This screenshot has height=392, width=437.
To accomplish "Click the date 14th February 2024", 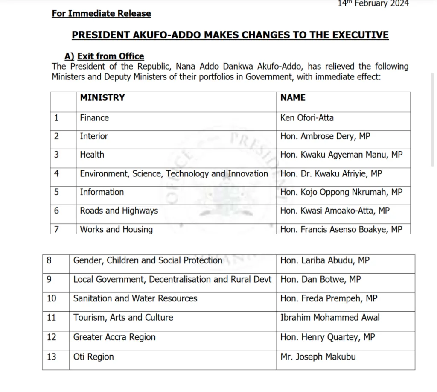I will [373, 4].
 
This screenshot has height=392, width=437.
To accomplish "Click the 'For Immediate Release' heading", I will [102, 14].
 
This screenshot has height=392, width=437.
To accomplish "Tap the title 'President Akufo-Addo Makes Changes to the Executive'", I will [230, 35].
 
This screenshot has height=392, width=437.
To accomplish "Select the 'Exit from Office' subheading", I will [111, 56].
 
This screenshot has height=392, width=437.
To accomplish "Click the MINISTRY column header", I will [102, 98].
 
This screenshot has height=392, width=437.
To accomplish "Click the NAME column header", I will [293, 98].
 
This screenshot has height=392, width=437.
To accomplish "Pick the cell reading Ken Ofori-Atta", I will [307, 118].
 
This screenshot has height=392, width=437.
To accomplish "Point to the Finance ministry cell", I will [94, 118].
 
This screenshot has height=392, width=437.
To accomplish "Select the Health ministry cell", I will [92, 155].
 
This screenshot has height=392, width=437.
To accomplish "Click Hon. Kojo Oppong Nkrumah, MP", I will [341, 192].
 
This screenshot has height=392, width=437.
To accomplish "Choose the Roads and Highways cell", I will [119, 211].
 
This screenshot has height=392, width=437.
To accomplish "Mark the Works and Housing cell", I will [116, 229].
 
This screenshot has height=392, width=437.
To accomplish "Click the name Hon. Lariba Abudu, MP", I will [325, 260].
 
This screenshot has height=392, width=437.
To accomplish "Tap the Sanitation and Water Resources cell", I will [135, 298].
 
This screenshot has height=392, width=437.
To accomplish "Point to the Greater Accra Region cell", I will [114, 337].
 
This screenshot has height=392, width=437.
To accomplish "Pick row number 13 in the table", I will [51, 357].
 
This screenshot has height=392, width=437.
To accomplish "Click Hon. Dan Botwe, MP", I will [320, 280].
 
